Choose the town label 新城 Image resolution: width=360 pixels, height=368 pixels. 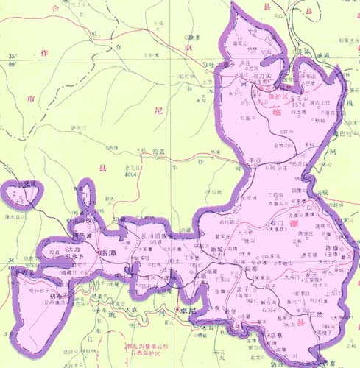tap(216, 250)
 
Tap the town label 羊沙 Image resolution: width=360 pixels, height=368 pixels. tap(255, 159)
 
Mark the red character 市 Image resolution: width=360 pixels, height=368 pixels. tap(30, 99)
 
